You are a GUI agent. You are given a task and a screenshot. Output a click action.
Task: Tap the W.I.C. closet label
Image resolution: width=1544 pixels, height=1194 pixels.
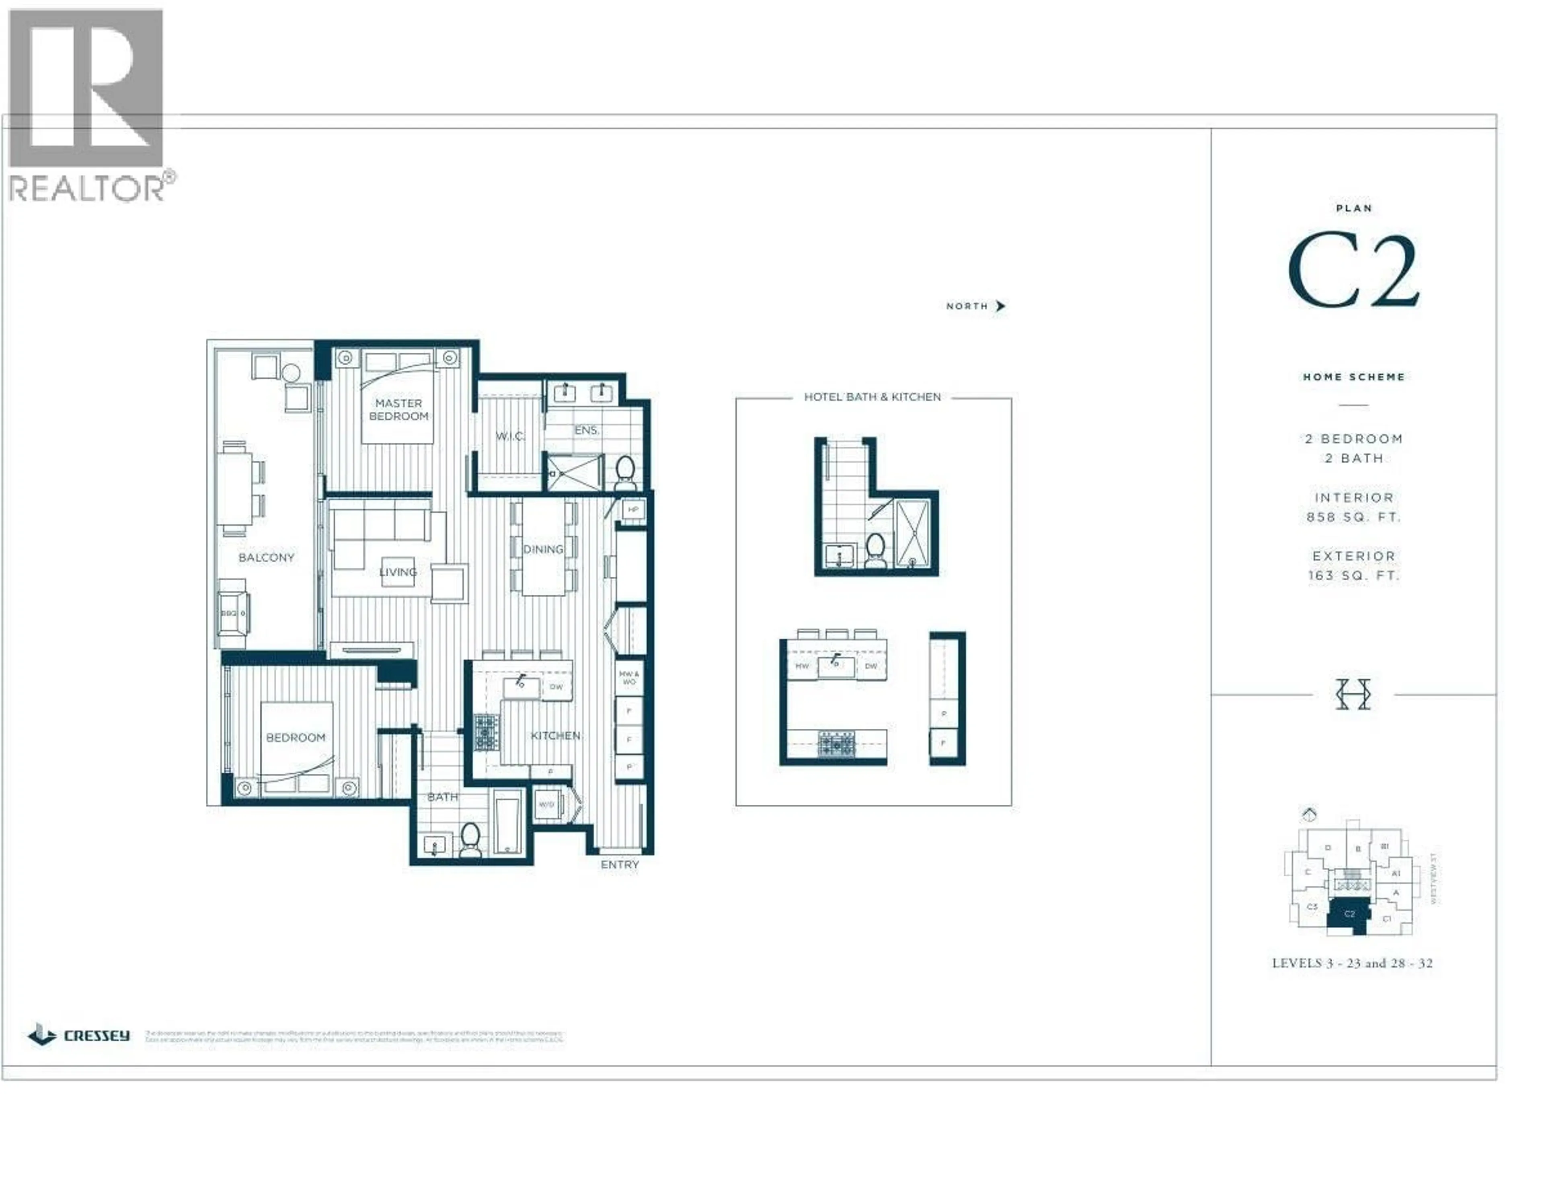(x=510, y=436)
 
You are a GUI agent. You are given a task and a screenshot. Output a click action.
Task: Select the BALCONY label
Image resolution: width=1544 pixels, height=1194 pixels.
(x=266, y=557)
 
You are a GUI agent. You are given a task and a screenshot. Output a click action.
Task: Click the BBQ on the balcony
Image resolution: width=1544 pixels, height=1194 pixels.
(x=232, y=612)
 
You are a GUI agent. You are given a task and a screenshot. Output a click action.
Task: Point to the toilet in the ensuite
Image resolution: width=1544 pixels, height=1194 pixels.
(x=625, y=471)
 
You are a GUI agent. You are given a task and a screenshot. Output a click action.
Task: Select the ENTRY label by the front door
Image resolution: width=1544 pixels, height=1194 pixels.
(x=619, y=865)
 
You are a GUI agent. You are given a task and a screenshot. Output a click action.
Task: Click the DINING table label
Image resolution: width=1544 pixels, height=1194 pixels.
(x=543, y=549)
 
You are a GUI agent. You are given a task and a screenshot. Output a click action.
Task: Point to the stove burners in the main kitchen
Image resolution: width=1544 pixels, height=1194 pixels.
(x=487, y=732)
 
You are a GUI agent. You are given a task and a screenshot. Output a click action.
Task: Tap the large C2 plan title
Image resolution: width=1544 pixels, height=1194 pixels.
(x=1353, y=272)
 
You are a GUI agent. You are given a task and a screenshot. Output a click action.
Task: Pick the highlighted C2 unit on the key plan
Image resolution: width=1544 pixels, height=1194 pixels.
(x=1349, y=914)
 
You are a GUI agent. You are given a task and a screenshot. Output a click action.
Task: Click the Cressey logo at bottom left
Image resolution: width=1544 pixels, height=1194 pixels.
(x=79, y=1036)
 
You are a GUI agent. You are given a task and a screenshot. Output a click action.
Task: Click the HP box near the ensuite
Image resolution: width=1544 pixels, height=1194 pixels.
(x=633, y=510)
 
